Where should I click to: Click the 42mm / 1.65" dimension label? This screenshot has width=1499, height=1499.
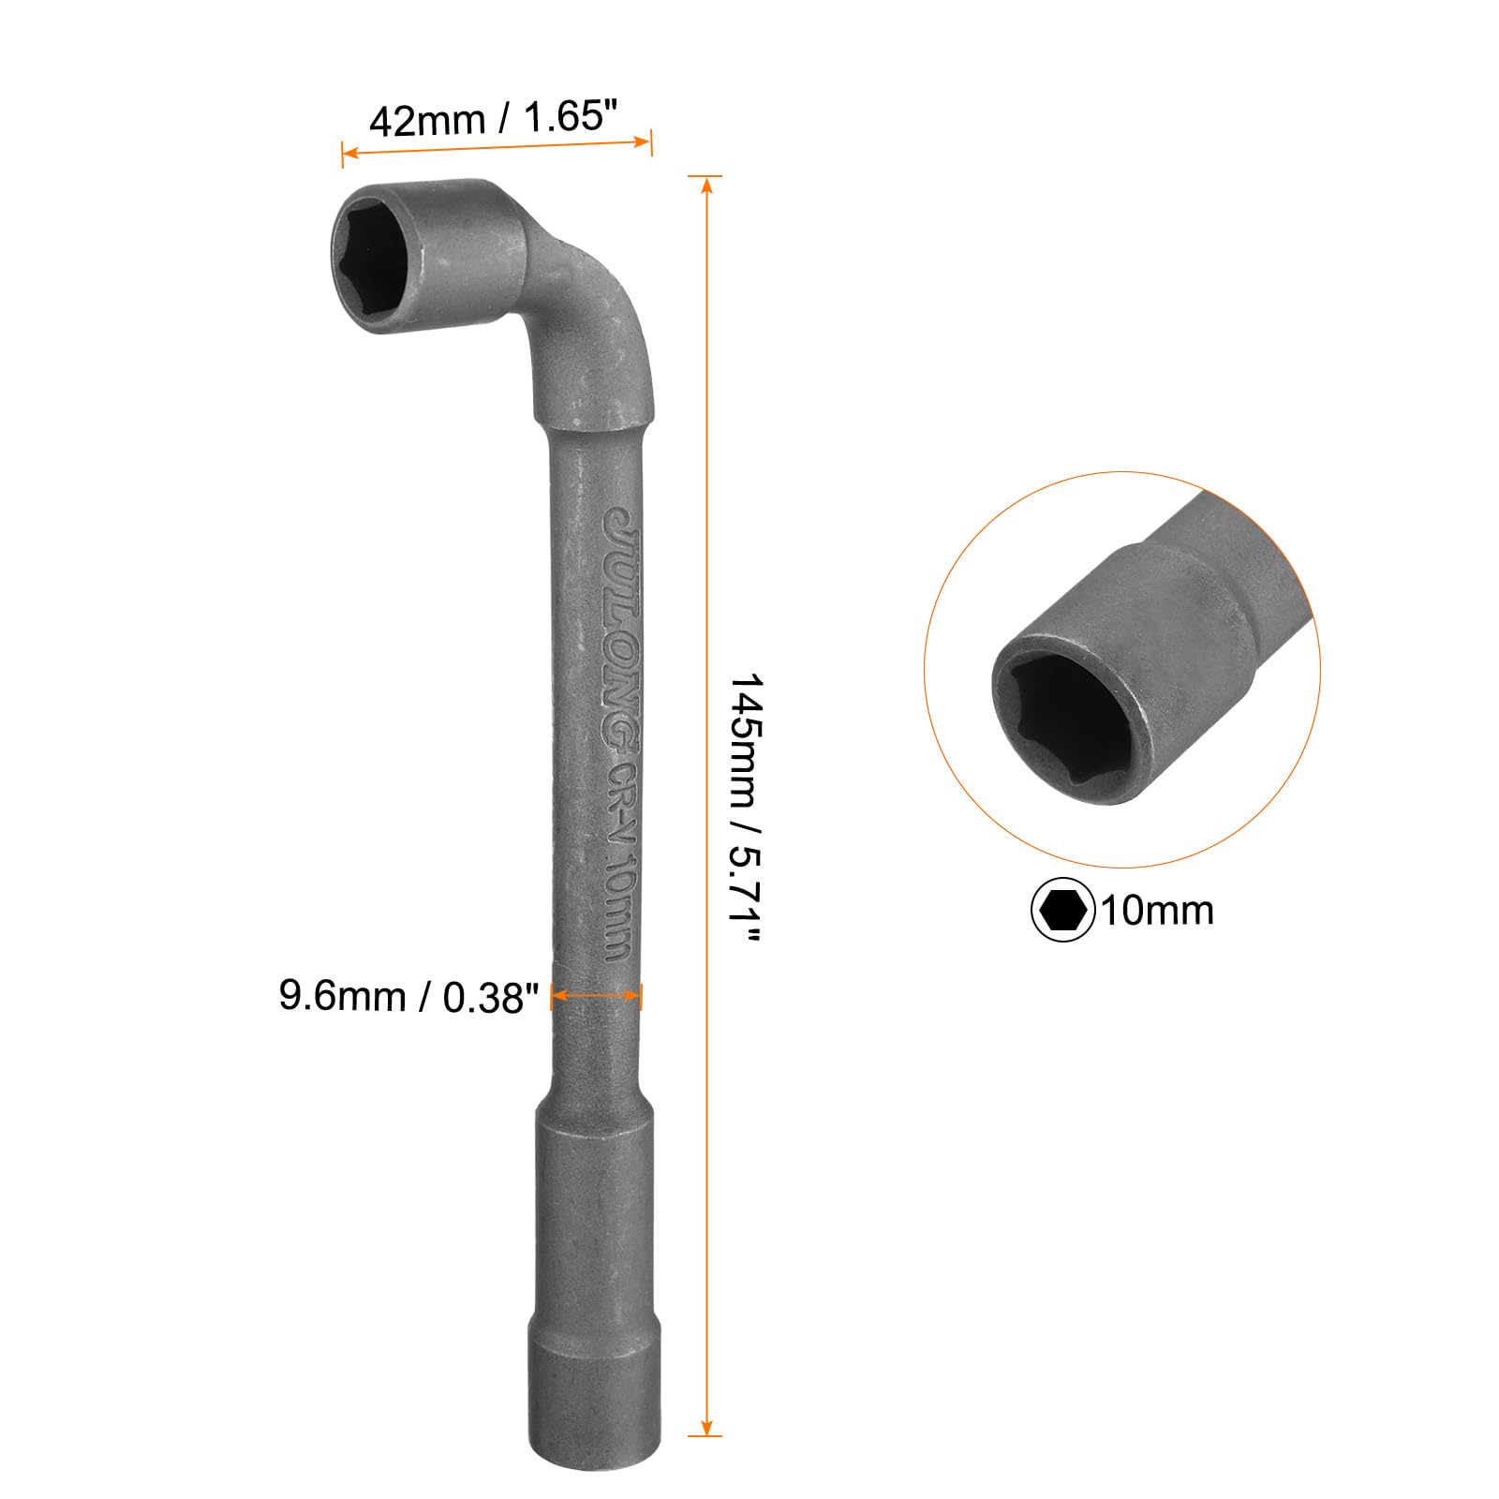(x=494, y=119)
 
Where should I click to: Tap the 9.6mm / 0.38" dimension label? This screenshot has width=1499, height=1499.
(x=409, y=997)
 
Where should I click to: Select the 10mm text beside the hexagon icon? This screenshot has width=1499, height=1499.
(x=1156, y=911)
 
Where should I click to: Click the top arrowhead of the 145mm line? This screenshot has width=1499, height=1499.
(x=705, y=184)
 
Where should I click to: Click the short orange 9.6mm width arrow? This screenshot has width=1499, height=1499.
(x=596, y=997)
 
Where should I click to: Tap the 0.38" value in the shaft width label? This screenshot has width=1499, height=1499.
(x=490, y=999)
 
